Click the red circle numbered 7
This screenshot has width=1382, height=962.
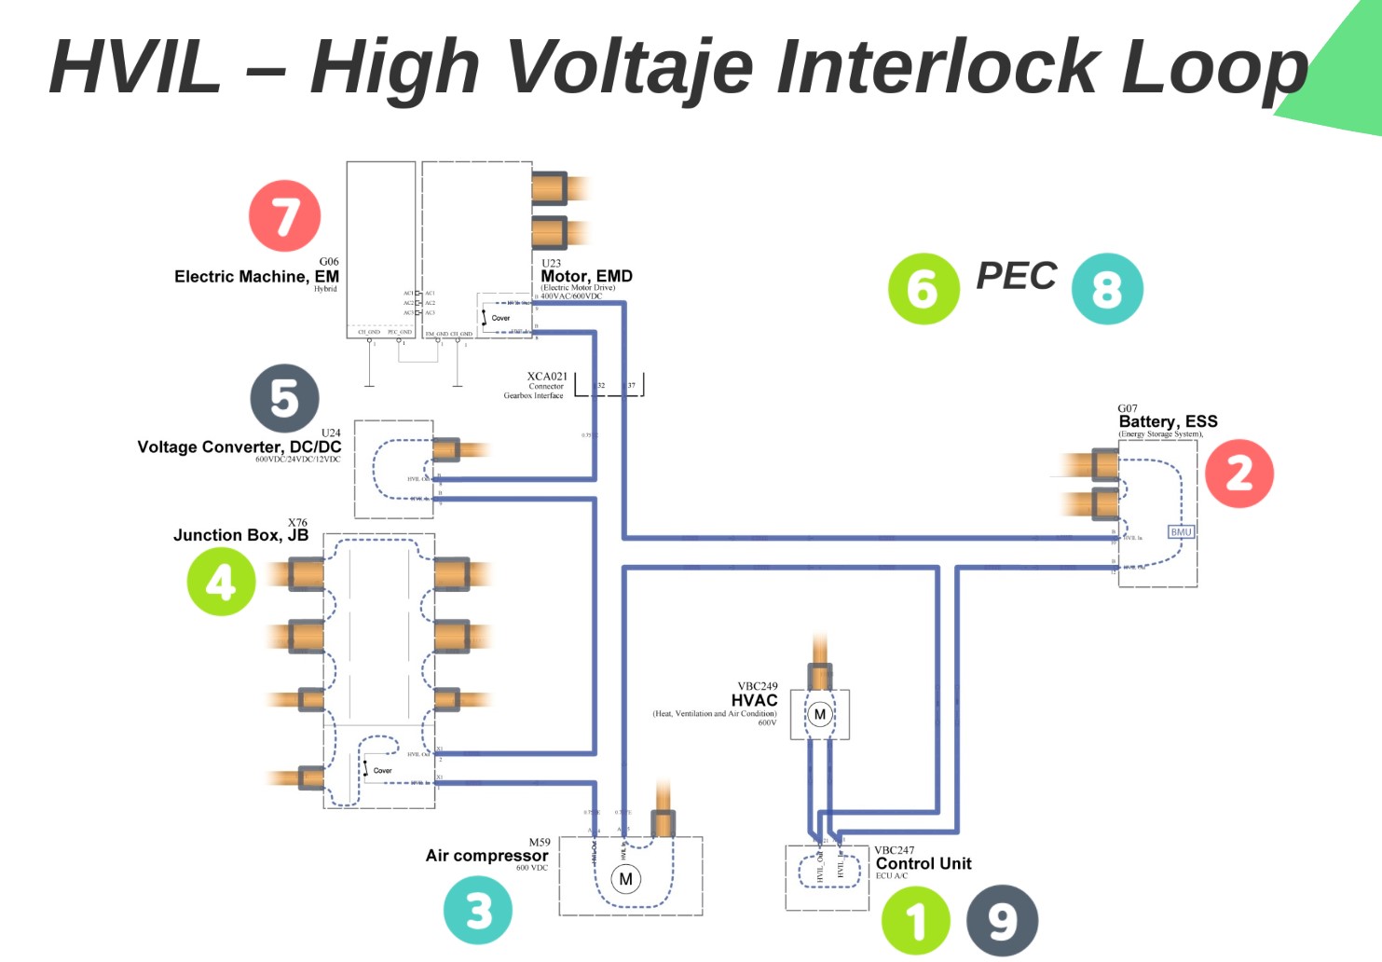click(284, 216)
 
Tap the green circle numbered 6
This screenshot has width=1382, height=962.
click(924, 289)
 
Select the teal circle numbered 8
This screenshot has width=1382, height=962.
click(1107, 289)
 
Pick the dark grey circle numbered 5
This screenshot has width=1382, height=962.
click(284, 398)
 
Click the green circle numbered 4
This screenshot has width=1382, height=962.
click(221, 582)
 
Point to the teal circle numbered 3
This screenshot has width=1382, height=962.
click(478, 911)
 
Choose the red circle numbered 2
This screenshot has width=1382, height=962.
click(1238, 474)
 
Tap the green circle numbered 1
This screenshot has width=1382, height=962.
click(916, 921)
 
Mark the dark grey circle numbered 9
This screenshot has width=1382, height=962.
click(1002, 921)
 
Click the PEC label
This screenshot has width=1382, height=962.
click(1016, 276)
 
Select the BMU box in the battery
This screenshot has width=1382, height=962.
click(1181, 532)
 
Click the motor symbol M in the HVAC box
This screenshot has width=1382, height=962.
click(820, 715)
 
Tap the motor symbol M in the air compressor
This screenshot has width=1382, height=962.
click(626, 879)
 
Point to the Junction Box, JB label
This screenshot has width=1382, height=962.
click(240, 535)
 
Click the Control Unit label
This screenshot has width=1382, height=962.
click(924, 864)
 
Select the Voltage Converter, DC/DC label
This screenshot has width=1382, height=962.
click(239, 447)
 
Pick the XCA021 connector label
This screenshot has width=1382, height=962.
click(547, 377)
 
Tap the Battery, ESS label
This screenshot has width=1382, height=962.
click(1168, 421)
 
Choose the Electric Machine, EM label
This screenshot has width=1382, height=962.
click(256, 277)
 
